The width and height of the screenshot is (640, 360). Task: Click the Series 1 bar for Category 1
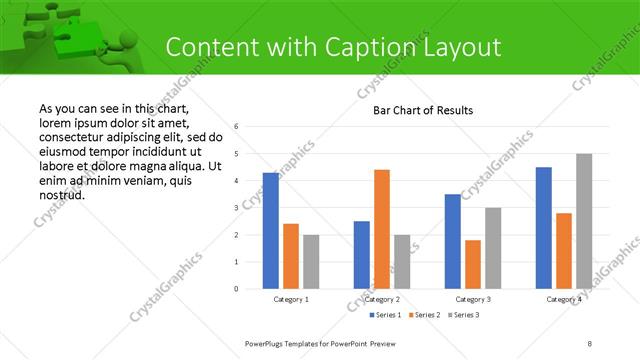tap(271, 231)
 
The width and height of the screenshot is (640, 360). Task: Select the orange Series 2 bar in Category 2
tap(382, 229)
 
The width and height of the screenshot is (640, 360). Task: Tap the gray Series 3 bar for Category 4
tap(584, 221)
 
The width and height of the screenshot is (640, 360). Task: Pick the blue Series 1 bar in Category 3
tap(453, 241)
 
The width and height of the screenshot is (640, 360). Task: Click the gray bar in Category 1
tap(311, 262)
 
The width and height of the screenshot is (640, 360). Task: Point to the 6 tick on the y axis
tap(236, 127)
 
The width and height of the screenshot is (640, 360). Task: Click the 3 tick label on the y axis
tap(236, 208)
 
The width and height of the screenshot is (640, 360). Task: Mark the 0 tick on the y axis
tap(236, 289)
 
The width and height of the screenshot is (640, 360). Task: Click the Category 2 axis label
tap(382, 299)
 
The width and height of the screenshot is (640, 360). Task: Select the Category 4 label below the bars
tap(564, 299)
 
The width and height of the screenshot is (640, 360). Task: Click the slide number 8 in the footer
tap(590, 343)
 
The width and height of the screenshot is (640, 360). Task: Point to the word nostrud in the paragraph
tap(61, 195)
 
